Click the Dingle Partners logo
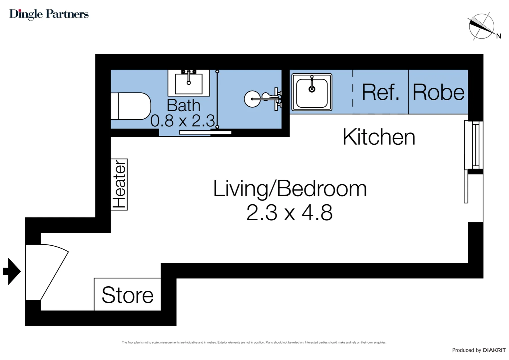(x=49, y=14)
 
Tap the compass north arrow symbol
(x=481, y=26)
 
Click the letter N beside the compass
(x=498, y=36)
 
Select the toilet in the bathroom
(x=131, y=106)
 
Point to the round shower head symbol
(x=252, y=99)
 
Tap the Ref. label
(x=380, y=92)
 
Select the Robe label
(x=438, y=92)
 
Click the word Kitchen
(x=379, y=137)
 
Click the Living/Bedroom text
(x=289, y=189)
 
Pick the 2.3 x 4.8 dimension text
(x=289, y=213)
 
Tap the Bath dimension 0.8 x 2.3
(x=182, y=121)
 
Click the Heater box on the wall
(x=119, y=184)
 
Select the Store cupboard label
(x=128, y=295)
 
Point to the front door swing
(x=47, y=272)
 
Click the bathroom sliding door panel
(x=205, y=132)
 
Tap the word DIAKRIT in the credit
(x=494, y=350)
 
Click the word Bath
(x=183, y=106)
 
